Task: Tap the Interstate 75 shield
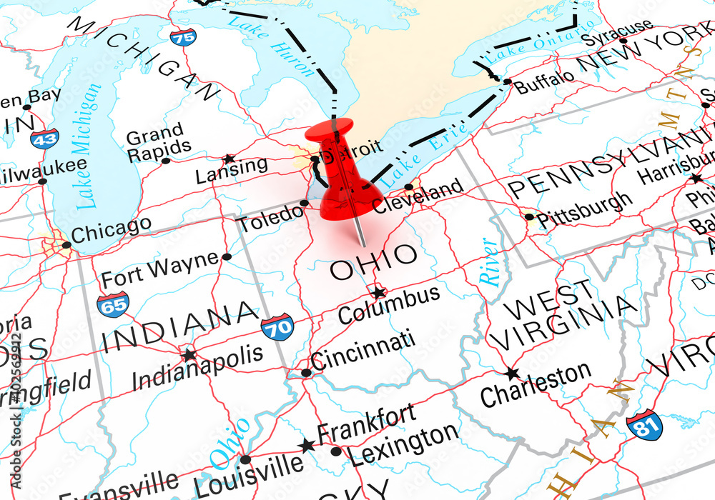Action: pyautogui.click(x=184, y=36)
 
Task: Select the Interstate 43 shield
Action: pyautogui.click(x=44, y=138)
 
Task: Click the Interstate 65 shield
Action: pyautogui.click(x=113, y=303)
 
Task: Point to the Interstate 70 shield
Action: pyautogui.click(x=277, y=326)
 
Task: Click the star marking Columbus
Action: pyautogui.click(x=378, y=292)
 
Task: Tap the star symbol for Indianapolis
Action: pyautogui.click(x=189, y=355)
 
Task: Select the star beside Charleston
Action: pyautogui.click(x=512, y=374)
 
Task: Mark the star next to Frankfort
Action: pyautogui.click(x=307, y=446)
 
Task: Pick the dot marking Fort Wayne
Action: pyautogui.click(x=227, y=256)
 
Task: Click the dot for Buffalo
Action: pyautogui.click(x=507, y=82)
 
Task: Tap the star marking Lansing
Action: pyautogui.click(x=229, y=159)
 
